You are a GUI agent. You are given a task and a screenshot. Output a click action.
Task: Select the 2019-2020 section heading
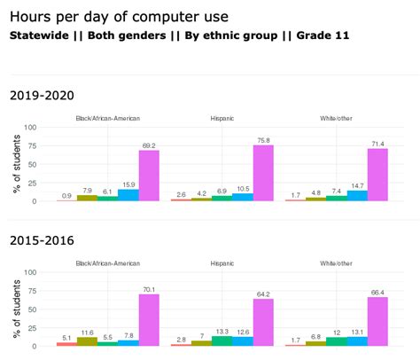coord(42,95)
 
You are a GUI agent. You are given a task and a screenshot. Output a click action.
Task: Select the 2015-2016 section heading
coord(42,240)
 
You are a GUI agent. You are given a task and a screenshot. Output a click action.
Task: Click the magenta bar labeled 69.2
coord(149,176)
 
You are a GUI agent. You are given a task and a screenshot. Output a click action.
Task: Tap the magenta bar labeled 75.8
coord(263,173)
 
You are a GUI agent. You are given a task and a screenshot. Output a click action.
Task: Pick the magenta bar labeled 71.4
coord(377,175)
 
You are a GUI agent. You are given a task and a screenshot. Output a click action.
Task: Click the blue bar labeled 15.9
coord(128,195)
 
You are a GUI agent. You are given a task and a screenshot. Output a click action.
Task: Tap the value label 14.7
coord(357,184)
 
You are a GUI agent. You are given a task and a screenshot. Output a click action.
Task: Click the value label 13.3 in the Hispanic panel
coord(222,331)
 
